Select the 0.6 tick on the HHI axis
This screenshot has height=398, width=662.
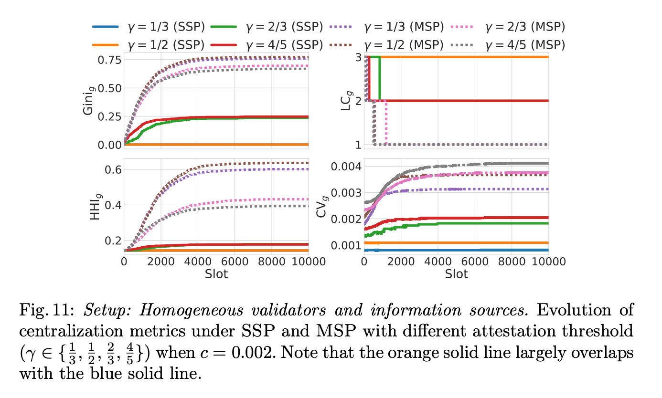click(x=112, y=169)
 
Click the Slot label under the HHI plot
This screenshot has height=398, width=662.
click(x=216, y=274)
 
